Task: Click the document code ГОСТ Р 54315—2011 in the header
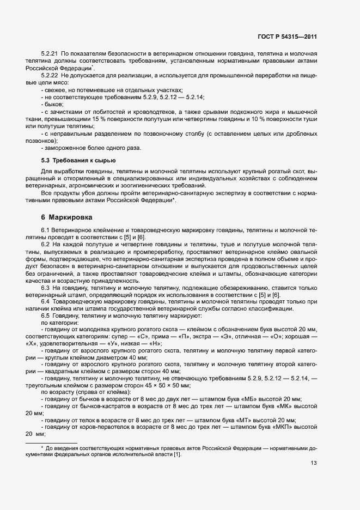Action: (x=288, y=37)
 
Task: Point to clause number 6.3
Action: (x=46, y=287)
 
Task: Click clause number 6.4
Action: (x=46, y=301)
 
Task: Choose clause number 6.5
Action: (x=46, y=315)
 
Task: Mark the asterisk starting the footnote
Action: (x=42, y=447)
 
